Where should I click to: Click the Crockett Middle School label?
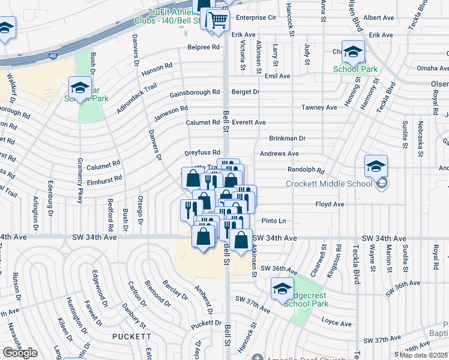coord(329,184)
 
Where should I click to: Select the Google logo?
coord(20,352)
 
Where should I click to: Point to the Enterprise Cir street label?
coord(256,18)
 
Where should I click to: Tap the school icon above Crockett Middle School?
coord(376,166)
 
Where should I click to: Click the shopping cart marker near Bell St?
coord(218,20)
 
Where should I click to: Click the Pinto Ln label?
coord(274,221)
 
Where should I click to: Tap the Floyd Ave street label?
coord(330,204)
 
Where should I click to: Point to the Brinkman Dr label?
coord(287,138)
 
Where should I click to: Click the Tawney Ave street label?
coord(319,107)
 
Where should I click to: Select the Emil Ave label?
coord(277,76)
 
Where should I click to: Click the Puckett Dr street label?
coord(206,324)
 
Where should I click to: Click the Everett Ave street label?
coord(249,122)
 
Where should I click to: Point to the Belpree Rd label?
coord(203,46)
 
